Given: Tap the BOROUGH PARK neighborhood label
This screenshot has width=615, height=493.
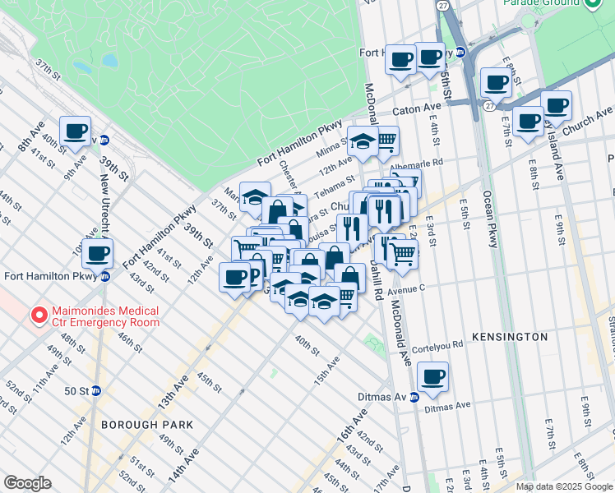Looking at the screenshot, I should (x=147, y=425).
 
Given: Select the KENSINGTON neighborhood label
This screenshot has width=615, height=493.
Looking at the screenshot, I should (x=509, y=337).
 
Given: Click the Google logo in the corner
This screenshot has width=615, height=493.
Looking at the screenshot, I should (x=27, y=483).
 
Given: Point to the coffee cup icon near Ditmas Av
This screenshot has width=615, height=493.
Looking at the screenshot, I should (x=432, y=377).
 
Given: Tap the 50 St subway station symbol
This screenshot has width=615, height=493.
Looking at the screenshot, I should (x=96, y=390).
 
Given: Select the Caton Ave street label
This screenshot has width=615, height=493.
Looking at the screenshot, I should (x=416, y=108).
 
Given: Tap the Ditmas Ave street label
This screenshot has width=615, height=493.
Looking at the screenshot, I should (x=447, y=405).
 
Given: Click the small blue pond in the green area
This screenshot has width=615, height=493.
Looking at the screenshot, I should (x=81, y=67).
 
